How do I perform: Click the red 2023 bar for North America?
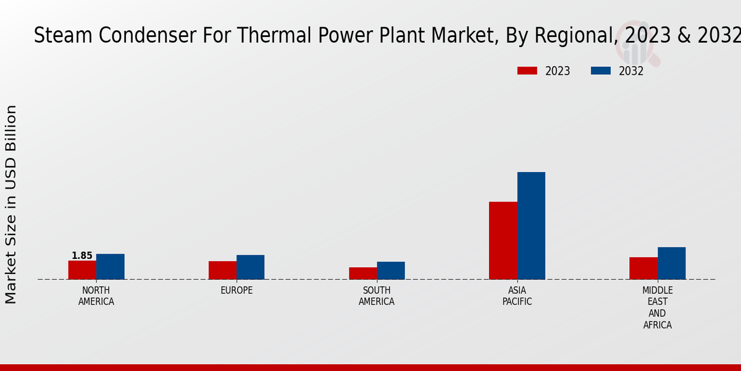click(x=82, y=270)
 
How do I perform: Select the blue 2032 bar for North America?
click(x=110, y=267)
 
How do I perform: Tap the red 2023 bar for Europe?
click(x=222, y=270)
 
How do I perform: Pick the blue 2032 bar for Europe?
click(x=250, y=267)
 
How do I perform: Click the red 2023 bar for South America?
click(x=362, y=273)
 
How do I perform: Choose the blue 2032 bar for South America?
click(x=391, y=270)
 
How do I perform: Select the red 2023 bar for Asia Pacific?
click(x=503, y=241)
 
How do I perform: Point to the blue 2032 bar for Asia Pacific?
click(x=531, y=226)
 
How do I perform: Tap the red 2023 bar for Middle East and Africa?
click(x=643, y=268)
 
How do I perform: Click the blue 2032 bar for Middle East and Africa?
click(x=671, y=263)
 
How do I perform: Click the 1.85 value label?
click(x=82, y=255)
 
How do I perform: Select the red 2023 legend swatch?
click(x=527, y=71)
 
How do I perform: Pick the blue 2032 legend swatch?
click(x=600, y=71)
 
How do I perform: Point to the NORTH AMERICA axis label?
click(x=96, y=296)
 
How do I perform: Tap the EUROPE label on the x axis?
click(x=237, y=291)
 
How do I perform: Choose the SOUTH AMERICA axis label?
click(x=377, y=296)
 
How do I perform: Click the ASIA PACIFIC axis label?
click(x=517, y=296)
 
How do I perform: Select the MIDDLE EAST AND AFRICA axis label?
click(x=657, y=307)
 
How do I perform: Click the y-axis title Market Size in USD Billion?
click(x=11, y=204)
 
